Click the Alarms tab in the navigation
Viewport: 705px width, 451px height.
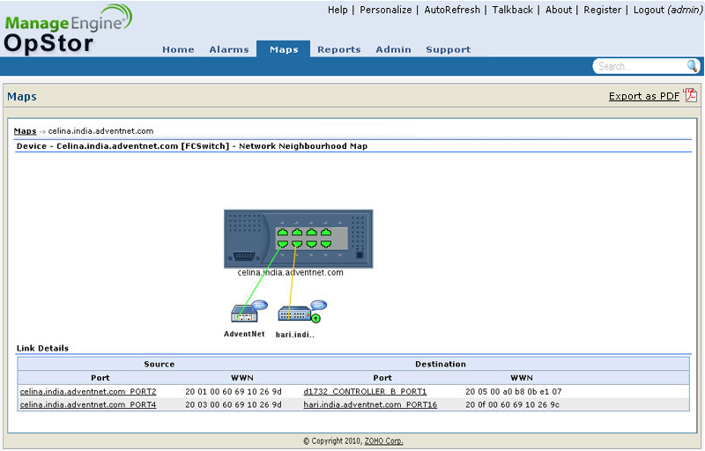[x=229, y=49]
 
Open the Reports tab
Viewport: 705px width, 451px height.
[x=339, y=49]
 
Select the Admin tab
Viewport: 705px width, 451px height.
[x=393, y=49]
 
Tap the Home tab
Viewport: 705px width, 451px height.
[x=178, y=49]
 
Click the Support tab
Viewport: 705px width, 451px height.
[x=449, y=49]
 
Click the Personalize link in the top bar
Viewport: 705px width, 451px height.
[x=386, y=10]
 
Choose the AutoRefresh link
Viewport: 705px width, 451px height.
[x=452, y=10]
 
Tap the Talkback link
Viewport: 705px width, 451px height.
[x=513, y=10]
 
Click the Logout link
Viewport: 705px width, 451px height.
[x=649, y=10]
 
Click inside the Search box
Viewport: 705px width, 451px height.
[x=638, y=66]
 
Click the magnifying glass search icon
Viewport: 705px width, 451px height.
[x=693, y=66]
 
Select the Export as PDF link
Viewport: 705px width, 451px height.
[x=644, y=96]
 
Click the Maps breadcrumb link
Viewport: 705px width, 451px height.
[x=26, y=131]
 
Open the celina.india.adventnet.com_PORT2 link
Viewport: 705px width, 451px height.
[x=88, y=392]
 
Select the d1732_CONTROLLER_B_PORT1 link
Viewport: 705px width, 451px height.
[x=365, y=392]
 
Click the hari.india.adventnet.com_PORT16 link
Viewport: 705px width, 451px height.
[x=370, y=404]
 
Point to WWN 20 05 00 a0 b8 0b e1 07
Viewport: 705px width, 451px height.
[x=514, y=392]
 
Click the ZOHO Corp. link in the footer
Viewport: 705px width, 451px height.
[x=383, y=441]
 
